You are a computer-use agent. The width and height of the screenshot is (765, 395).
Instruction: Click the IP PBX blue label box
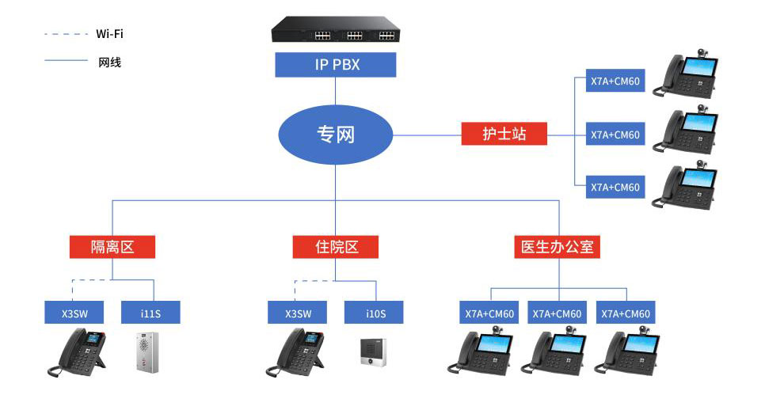click(x=335, y=65)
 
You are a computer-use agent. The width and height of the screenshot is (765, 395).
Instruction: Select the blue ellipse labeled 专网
click(x=335, y=135)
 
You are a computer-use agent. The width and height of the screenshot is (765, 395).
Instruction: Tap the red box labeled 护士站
click(x=504, y=135)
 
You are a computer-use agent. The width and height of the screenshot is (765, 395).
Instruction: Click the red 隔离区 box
click(x=112, y=247)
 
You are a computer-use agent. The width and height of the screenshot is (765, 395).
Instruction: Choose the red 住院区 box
click(x=335, y=247)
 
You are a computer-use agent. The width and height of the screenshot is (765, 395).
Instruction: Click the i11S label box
click(x=150, y=313)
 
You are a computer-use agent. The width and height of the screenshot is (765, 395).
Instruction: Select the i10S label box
click(x=375, y=313)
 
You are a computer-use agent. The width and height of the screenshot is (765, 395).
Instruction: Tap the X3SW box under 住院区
click(x=298, y=313)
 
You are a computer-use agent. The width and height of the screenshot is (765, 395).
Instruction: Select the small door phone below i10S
click(x=373, y=352)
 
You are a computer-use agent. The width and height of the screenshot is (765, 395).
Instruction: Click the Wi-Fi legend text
click(x=109, y=34)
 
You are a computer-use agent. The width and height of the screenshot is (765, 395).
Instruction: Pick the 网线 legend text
click(x=109, y=62)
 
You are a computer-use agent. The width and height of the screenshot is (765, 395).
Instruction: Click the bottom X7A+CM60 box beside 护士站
click(x=615, y=188)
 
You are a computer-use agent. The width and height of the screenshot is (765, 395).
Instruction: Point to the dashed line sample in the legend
click(x=67, y=34)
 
